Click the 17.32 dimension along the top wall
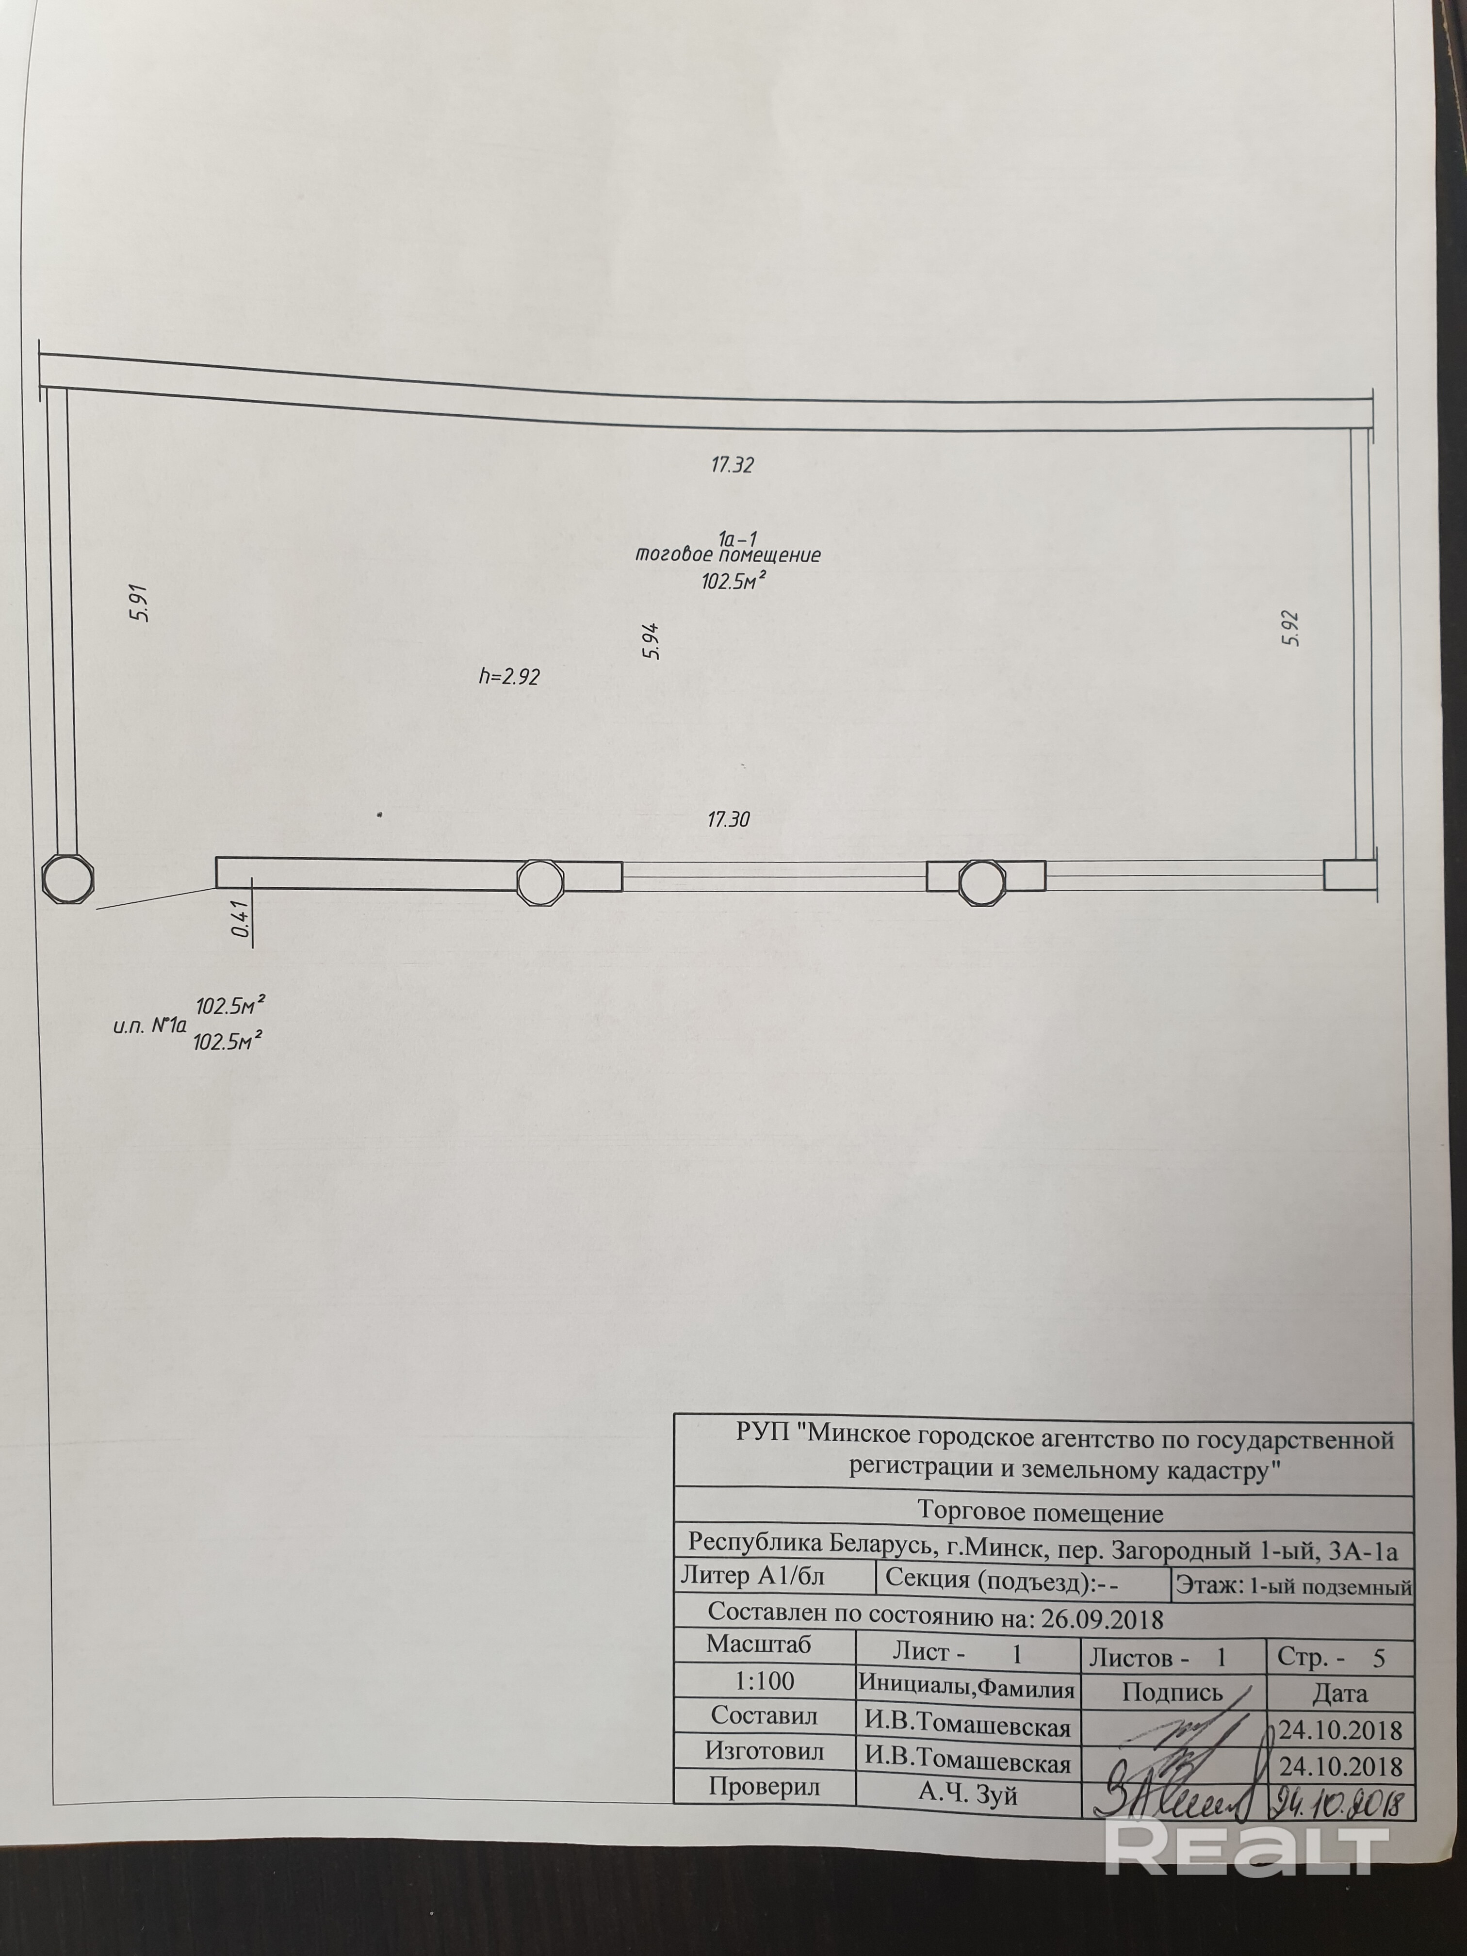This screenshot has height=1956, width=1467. (732, 465)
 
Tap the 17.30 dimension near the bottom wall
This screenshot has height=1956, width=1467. (729, 820)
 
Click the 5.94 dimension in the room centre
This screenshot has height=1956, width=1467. (652, 641)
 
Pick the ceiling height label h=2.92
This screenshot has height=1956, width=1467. (508, 677)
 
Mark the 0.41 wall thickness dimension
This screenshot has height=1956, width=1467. (239, 920)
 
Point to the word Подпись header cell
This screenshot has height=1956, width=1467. (1172, 1693)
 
